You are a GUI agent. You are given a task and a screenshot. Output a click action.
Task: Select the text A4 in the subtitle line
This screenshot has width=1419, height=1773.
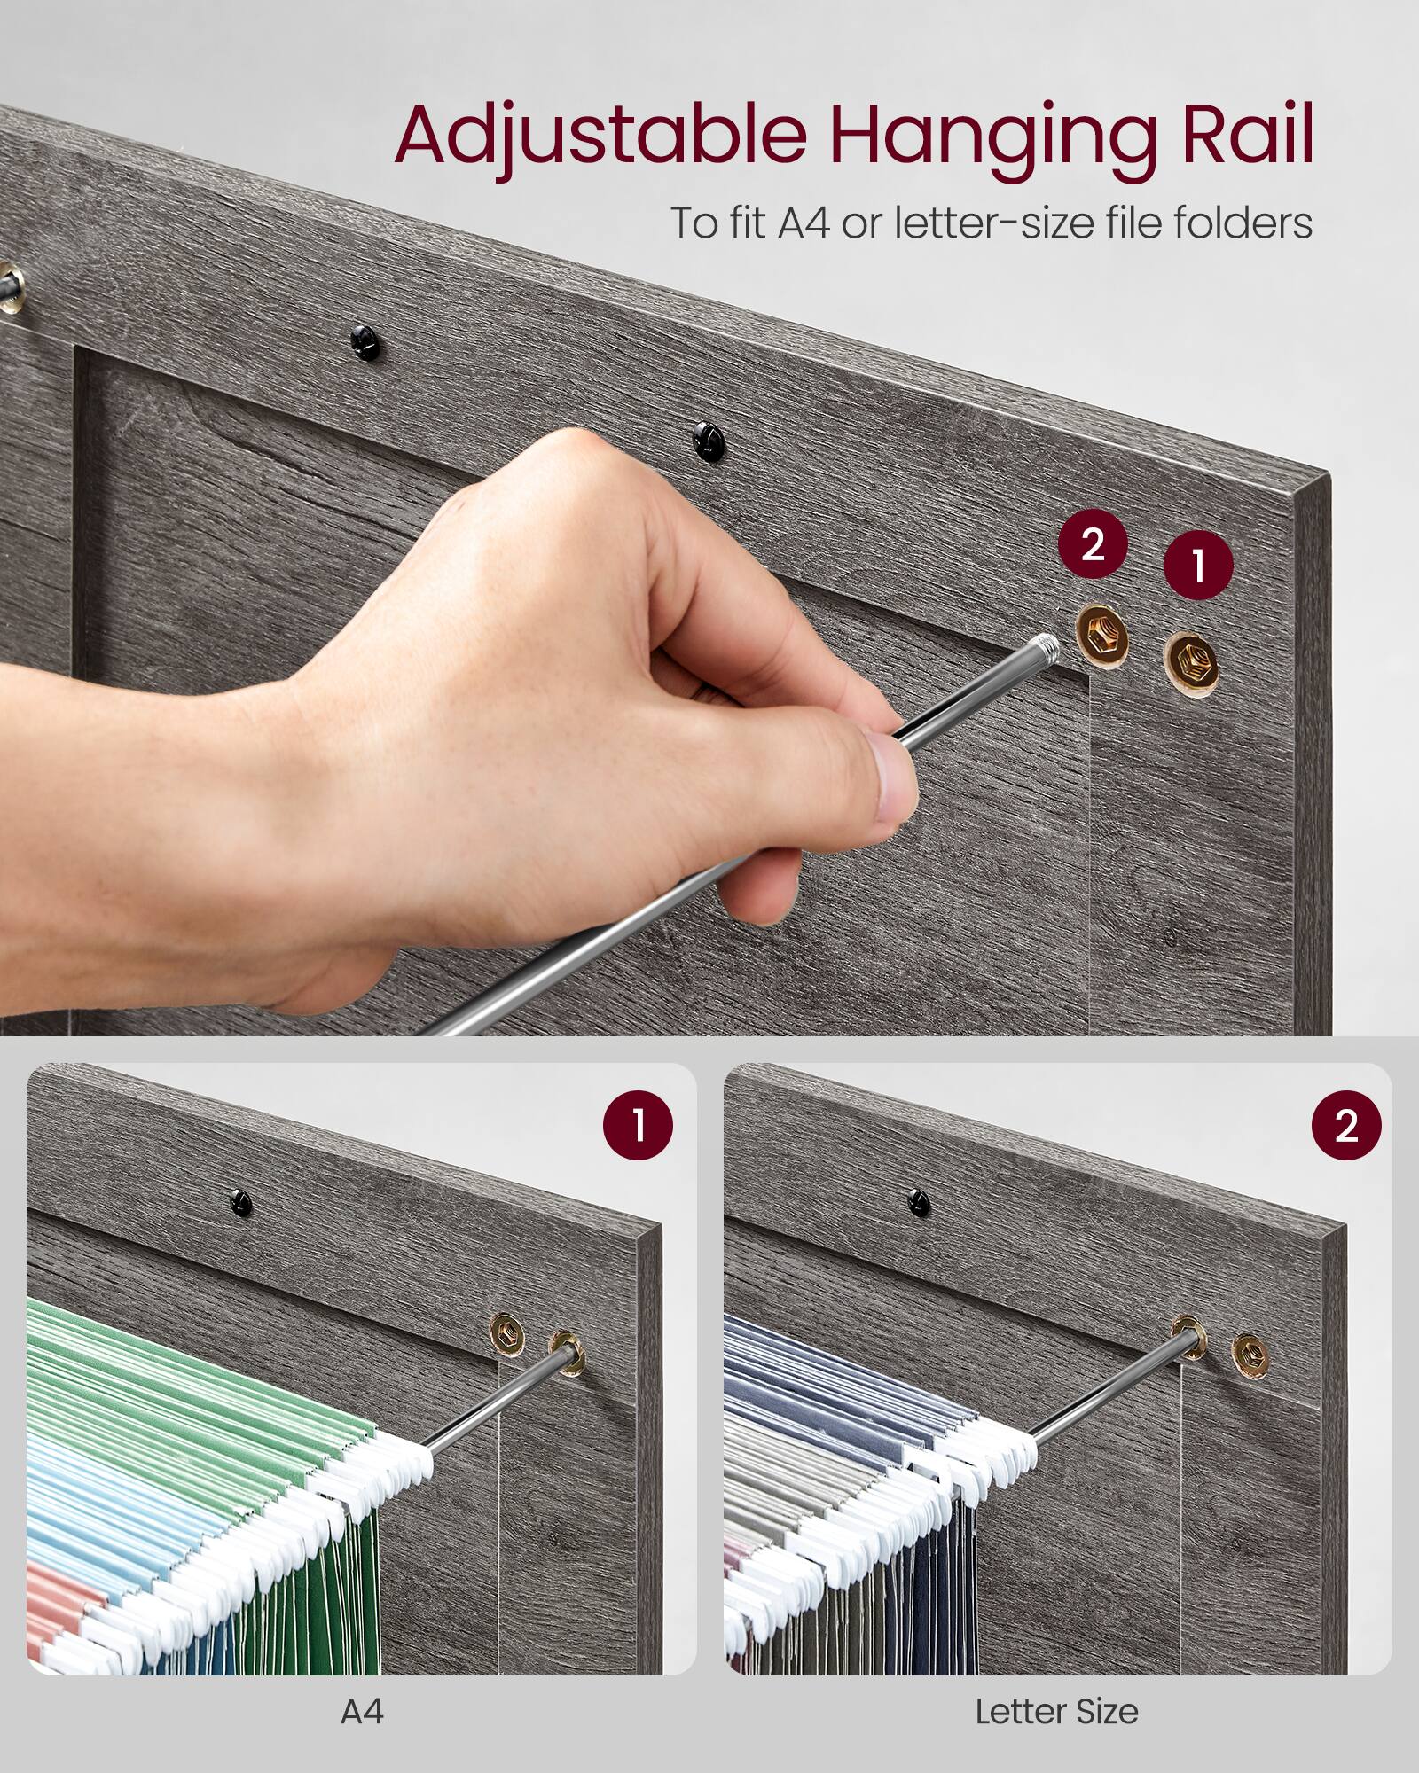click(x=804, y=223)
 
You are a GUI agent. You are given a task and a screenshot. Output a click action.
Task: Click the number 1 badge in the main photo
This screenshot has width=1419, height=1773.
click(x=1197, y=566)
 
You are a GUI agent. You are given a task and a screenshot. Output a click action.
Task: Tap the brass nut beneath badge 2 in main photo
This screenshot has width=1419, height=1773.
click(x=1102, y=637)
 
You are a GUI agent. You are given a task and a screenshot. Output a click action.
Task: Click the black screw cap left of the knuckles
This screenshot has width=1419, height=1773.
click(x=365, y=342)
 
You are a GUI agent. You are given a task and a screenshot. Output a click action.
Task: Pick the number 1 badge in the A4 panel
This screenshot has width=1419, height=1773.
click(x=638, y=1125)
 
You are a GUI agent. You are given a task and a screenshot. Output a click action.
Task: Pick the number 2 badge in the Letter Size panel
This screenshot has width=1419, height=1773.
click(x=1345, y=1125)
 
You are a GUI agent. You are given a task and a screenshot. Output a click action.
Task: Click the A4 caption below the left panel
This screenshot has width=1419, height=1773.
click(x=362, y=1711)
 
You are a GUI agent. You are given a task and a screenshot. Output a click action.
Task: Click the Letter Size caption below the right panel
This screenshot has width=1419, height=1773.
click(x=1056, y=1711)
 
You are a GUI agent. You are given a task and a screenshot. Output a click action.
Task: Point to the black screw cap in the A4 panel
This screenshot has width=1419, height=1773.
click(x=239, y=1203)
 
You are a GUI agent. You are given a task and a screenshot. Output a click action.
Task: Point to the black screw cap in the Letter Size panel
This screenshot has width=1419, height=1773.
click(x=920, y=1203)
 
